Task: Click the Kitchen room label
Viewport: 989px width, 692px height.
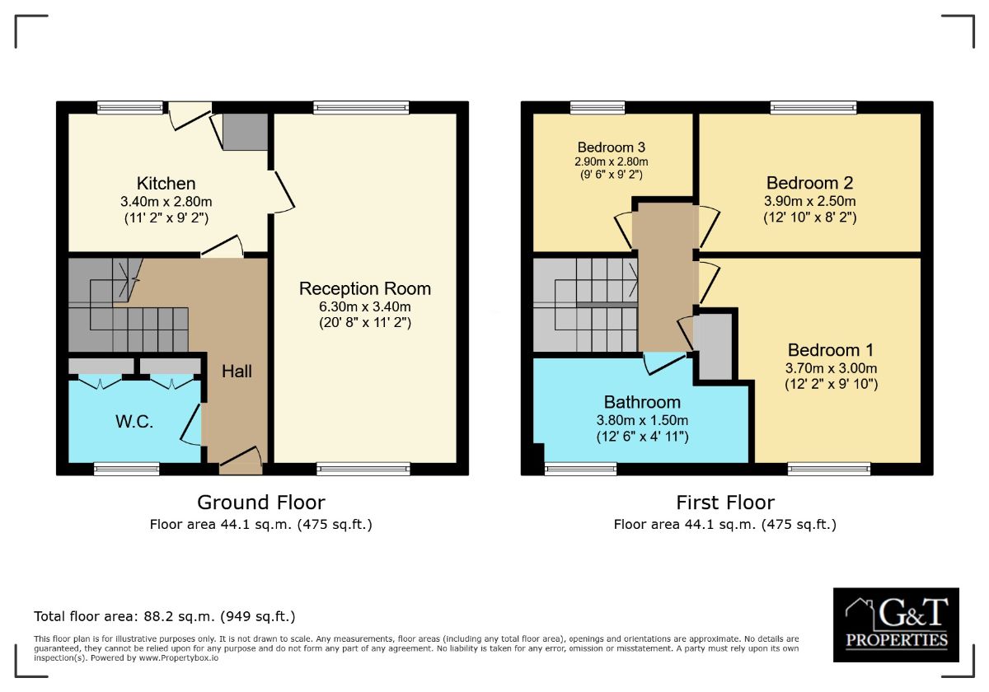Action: tap(166, 183)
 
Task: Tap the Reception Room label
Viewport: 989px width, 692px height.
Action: tap(364, 288)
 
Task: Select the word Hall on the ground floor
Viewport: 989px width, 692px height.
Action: tap(237, 372)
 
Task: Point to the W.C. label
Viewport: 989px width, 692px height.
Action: tap(134, 422)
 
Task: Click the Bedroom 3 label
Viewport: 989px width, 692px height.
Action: tap(611, 147)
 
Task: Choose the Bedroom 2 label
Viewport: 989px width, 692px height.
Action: tap(809, 183)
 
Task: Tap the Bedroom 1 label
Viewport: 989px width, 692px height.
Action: tap(831, 350)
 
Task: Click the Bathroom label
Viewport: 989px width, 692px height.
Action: tap(642, 402)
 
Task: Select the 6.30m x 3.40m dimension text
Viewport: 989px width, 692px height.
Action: tap(364, 306)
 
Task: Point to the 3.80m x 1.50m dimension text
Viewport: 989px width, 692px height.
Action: tap(642, 419)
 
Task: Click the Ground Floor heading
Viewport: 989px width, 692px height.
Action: tap(261, 503)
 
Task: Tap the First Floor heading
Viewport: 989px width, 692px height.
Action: tap(725, 503)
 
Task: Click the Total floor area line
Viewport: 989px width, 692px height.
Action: tap(165, 616)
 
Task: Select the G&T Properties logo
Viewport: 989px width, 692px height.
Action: tap(896, 624)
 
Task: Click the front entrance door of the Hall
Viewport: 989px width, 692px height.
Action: tap(241, 461)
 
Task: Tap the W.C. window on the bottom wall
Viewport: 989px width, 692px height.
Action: tap(127, 469)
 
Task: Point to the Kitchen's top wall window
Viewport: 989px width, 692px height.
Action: tap(130, 108)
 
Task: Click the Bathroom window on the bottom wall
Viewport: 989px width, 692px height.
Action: tap(580, 469)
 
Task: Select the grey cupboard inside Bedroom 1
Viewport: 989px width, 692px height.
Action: tap(713, 346)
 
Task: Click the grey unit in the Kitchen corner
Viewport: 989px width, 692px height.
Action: tap(245, 132)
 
